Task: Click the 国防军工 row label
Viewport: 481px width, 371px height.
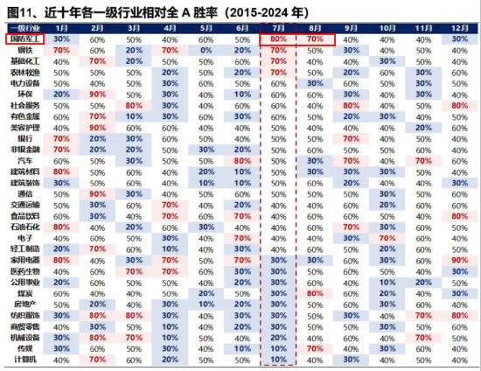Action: click(x=23, y=40)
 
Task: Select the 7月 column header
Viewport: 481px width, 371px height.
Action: click(x=277, y=28)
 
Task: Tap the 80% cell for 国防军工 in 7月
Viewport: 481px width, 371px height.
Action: click(x=277, y=40)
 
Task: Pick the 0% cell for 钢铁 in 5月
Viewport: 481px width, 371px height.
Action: click(x=206, y=51)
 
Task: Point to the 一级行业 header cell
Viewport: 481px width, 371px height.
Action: click(x=23, y=28)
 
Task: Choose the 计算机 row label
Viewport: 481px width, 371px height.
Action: click(x=23, y=359)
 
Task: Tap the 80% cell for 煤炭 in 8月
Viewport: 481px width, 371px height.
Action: click(x=314, y=293)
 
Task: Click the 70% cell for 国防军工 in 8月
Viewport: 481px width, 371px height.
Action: click(x=314, y=40)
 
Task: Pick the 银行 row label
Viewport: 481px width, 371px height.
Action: click(x=23, y=138)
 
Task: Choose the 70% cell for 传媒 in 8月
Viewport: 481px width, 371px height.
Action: click(x=314, y=347)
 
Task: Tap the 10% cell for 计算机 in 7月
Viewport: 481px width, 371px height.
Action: click(x=277, y=359)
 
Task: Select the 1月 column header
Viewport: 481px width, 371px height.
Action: click(x=61, y=28)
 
